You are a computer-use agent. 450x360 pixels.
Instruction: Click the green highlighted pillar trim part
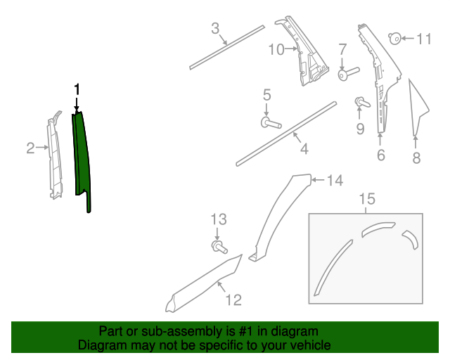tap(82, 155)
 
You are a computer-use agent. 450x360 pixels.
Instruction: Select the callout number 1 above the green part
tap(77, 90)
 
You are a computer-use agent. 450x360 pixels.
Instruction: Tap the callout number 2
tap(30, 148)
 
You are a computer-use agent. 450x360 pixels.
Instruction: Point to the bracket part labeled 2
tap(55, 155)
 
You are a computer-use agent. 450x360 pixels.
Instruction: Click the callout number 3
tap(215, 28)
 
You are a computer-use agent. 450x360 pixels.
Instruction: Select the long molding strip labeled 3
tap(226, 47)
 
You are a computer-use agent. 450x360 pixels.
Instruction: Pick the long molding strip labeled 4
tap(286, 134)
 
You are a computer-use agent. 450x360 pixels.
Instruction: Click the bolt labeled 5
tap(271, 123)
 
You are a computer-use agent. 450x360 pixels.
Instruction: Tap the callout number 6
tap(381, 155)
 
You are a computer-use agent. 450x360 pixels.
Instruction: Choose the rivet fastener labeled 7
tap(349, 74)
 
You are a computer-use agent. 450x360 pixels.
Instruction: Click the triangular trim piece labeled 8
tap(418, 108)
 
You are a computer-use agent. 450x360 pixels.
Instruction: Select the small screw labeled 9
tap(362, 102)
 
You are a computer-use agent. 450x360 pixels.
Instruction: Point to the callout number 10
tap(276, 49)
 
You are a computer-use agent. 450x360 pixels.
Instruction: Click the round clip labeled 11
tap(395, 39)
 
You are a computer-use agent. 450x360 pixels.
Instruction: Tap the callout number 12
tap(233, 300)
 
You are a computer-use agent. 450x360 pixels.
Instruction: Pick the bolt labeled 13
tap(219, 247)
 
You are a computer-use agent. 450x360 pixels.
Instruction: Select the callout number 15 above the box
tap(367, 199)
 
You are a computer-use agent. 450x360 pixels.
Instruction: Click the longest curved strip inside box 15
tap(333, 267)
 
